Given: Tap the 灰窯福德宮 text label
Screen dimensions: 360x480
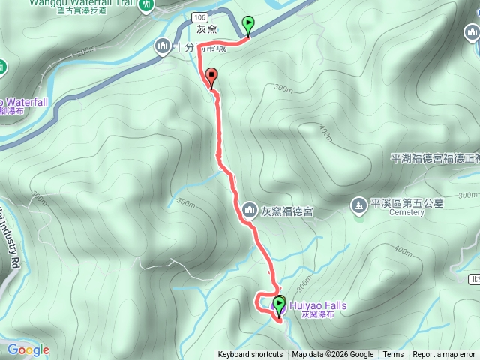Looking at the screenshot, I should click(x=287, y=211).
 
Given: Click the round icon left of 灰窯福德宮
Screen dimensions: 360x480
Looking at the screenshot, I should click(x=250, y=208).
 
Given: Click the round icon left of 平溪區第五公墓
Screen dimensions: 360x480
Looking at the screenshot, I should click(x=358, y=203).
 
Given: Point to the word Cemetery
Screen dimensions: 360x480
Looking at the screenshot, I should click(x=406, y=212).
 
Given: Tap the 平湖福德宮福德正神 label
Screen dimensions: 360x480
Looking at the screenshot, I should click(x=435, y=158).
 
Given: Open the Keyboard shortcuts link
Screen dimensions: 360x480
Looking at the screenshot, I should click(x=250, y=355).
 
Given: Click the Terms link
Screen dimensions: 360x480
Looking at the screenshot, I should click(x=393, y=355).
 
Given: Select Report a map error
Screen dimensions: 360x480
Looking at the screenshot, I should click(x=444, y=355).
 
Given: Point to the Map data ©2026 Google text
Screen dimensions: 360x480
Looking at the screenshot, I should click(x=333, y=355).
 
